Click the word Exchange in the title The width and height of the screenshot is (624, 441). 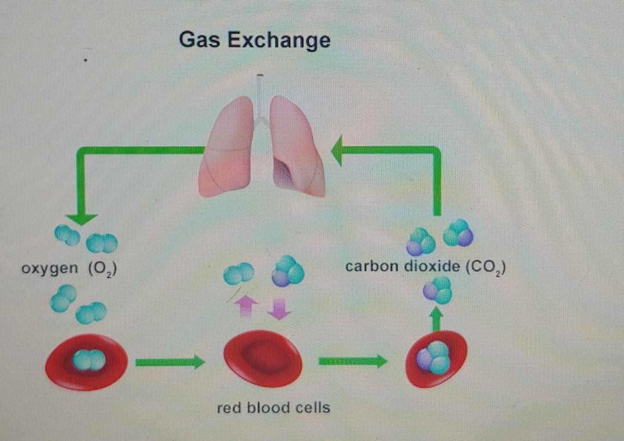pos(279,41)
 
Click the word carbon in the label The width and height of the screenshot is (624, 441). pos(373,268)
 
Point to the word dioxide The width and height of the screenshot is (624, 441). pos(431,268)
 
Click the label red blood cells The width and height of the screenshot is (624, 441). pos(273,407)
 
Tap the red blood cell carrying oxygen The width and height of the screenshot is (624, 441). pos(87,361)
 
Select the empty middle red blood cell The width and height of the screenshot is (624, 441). pos(262,359)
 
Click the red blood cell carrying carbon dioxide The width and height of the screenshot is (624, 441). pos(436,359)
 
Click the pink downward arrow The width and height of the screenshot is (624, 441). pos(279,309)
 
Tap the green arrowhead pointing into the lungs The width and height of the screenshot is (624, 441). pos(338,151)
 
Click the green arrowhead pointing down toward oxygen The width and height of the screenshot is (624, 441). pos(82,218)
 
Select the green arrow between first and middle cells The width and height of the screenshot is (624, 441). pos(170,361)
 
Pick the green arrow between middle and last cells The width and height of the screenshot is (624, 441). pos(353,361)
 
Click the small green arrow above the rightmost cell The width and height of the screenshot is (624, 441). pos(435,319)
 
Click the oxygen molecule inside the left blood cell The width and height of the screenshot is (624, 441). pos(89,360)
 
